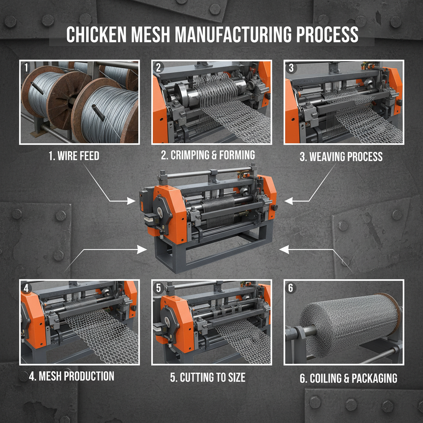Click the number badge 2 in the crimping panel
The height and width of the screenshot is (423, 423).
tap(159, 67)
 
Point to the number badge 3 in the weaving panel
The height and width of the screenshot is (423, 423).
tap(291, 67)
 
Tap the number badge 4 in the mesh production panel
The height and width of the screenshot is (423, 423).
tap(27, 288)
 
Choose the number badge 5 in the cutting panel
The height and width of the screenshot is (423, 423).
tap(159, 288)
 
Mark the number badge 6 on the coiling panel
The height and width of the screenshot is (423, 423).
tap(291, 288)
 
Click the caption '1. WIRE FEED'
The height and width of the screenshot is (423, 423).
tap(74, 157)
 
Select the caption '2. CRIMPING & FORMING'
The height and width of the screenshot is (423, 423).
tap(208, 155)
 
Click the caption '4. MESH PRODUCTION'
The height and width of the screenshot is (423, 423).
tap(71, 376)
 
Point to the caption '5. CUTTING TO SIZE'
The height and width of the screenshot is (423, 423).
tap(208, 377)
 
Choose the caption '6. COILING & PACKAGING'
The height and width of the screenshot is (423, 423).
tap(348, 378)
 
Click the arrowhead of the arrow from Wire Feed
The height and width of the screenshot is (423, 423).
tap(132, 201)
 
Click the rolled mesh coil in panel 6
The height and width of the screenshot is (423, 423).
tap(347, 324)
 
